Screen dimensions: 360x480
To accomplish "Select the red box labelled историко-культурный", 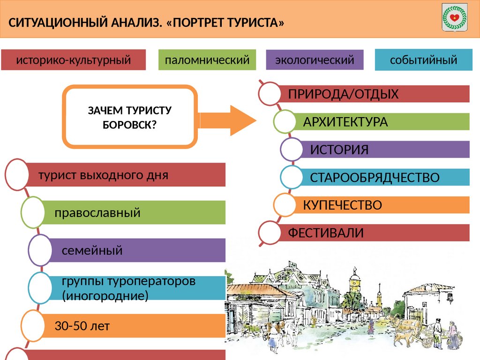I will (x=73, y=60).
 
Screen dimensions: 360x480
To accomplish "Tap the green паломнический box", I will (x=207, y=60).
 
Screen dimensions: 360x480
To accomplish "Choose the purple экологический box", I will (x=314, y=60).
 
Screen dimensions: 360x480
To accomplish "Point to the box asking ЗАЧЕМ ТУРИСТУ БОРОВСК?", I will (x=130, y=117).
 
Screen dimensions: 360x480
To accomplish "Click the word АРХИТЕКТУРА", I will (x=345, y=122).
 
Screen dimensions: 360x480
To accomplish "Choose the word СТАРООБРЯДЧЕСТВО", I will (x=375, y=178).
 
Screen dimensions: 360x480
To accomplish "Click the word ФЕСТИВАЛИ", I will (x=326, y=232).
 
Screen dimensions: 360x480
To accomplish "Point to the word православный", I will (x=97, y=212).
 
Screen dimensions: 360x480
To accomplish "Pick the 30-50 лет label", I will (x=82, y=326).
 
